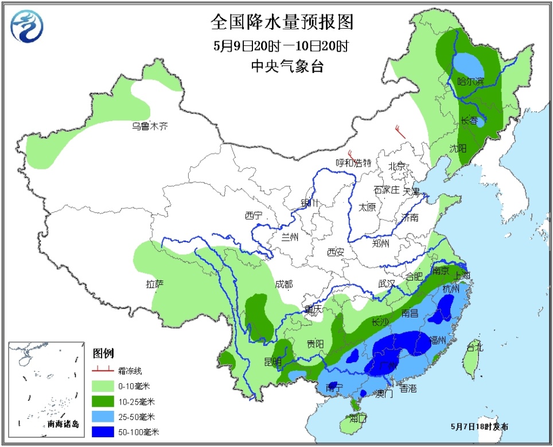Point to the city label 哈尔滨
click(x=470, y=81)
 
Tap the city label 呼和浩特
click(x=353, y=162)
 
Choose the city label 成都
click(x=283, y=284)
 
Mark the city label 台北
click(x=474, y=347)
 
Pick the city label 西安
click(x=335, y=251)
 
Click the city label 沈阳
click(x=458, y=149)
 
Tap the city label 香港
click(x=408, y=389)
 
